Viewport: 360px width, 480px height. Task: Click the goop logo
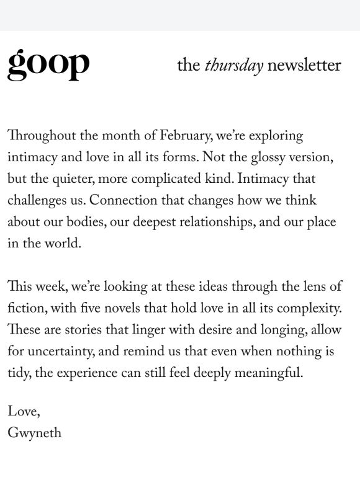[48, 64]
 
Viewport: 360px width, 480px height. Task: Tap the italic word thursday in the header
[234, 66]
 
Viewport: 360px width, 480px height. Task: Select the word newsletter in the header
[304, 65]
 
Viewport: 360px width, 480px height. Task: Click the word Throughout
[40, 136]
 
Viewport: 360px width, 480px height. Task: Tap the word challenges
[37, 201]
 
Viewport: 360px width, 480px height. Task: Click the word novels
[140, 309]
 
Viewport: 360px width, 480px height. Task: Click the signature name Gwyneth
[35, 433]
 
